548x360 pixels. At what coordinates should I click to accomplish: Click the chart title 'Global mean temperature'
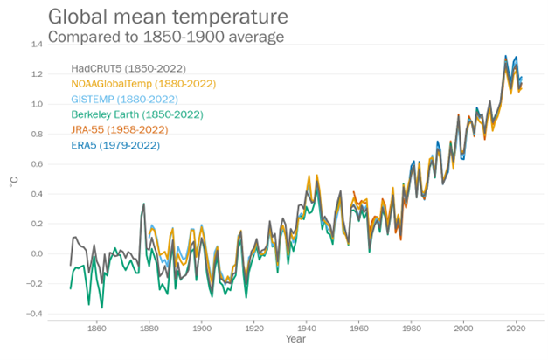168,17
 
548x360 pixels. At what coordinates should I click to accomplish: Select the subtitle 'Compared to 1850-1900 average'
166,37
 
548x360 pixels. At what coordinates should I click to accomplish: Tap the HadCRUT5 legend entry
128,68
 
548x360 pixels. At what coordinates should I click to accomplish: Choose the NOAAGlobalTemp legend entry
143,84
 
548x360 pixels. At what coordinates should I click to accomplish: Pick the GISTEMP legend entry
125,100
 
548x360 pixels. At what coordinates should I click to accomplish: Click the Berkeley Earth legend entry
137,114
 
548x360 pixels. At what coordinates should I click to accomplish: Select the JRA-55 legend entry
120,130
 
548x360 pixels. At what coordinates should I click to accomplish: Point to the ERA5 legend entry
115,145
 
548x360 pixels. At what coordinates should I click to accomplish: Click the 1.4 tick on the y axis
37,45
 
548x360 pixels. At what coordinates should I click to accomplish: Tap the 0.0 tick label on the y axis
37,253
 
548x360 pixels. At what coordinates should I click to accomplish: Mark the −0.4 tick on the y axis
34,314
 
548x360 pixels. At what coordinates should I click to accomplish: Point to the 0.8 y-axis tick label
37,135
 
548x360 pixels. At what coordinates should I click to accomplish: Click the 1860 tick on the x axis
97,329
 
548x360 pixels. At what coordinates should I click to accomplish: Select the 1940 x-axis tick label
307,329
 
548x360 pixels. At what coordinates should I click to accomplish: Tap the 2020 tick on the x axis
516,329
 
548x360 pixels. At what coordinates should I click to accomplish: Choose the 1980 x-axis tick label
412,329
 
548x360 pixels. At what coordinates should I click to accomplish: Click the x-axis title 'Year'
295,339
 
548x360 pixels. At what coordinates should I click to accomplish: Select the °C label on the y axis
14,182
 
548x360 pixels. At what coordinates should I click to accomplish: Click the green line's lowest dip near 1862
102,308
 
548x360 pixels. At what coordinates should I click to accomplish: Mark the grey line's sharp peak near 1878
143,204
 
